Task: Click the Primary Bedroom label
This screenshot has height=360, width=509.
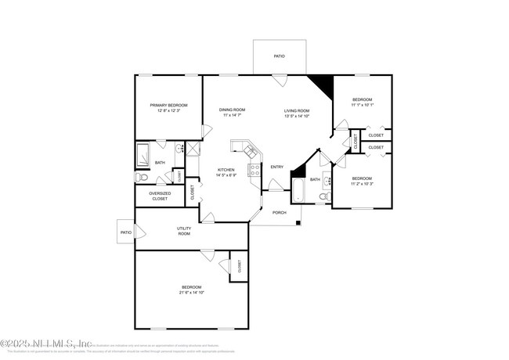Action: [168, 105]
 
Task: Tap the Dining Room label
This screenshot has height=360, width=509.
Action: [232, 110]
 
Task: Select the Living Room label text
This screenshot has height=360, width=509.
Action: [297, 110]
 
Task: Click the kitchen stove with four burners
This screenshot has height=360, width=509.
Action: [254, 170]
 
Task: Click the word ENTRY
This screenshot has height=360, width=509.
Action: [277, 167]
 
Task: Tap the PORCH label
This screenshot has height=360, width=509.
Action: [279, 212]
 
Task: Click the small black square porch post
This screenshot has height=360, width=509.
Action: [298, 223]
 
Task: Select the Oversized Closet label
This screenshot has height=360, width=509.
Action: [159, 196]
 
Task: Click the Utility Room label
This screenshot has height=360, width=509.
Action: [184, 231]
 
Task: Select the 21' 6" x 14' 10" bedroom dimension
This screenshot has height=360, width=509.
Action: [192, 292]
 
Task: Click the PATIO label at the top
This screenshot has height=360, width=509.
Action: [279, 56]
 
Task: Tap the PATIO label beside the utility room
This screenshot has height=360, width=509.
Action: [125, 232]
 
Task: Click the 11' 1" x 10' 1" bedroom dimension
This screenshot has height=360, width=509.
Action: [363, 104]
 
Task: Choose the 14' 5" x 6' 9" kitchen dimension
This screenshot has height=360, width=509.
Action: [226, 175]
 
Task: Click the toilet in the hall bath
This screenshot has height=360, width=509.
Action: [323, 196]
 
